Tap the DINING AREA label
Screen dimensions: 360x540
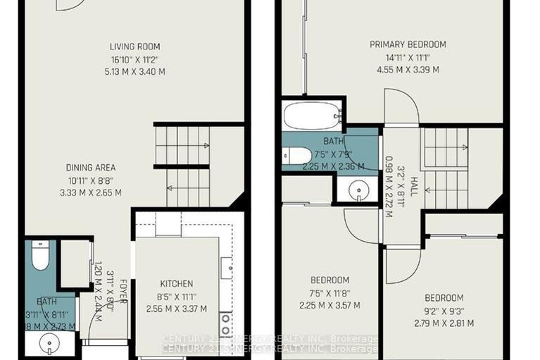point(91,168)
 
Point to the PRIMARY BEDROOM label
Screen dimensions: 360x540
point(408,44)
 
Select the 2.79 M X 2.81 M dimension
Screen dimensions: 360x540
point(443,323)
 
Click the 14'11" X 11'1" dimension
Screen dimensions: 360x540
point(408,57)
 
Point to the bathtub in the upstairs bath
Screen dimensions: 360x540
point(311,116)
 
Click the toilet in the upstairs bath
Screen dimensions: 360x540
point(296,155)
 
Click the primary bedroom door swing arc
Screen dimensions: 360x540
point(402,106)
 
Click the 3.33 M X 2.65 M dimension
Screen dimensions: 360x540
point(91,192)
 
